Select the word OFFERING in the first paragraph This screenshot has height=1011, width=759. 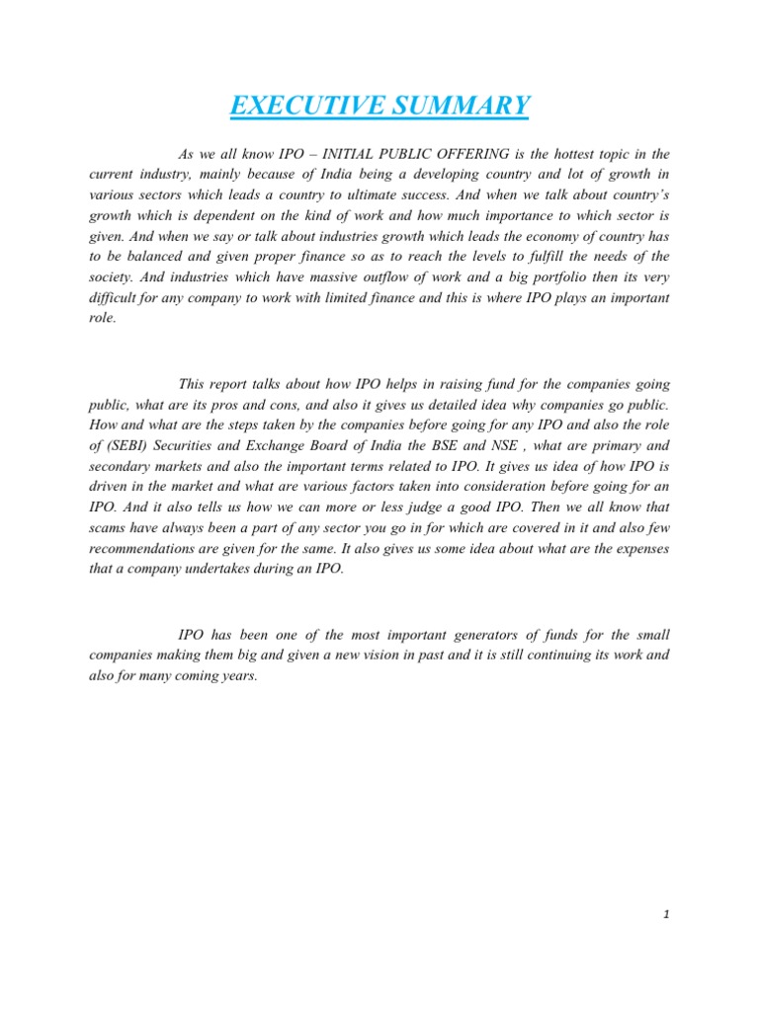point(485,154)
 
